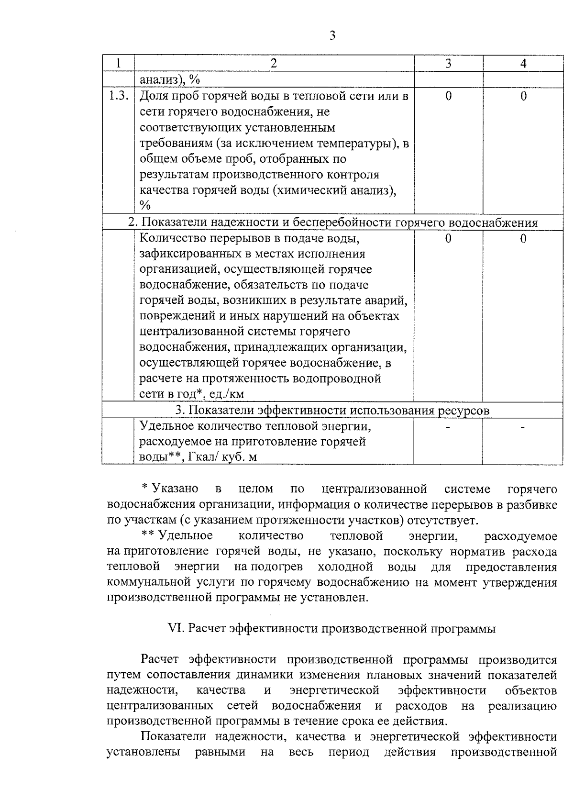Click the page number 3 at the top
pyautogui.click(x=332, y=36)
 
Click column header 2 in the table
pyautogui.click(x=274, y=64)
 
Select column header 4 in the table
pyautogui.click(x=523, y=64)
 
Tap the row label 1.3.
pyautogui.click(x=118, y=96)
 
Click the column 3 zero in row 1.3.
pyautogui.click(x=448, y=96)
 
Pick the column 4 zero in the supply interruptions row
pyautogui.click(x=523, y=238)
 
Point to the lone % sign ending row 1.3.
pyautogui.click(x=145, y=206)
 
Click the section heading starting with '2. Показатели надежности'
pyautogui.click(x=333, y=222)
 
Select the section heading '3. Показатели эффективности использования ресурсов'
pyautogui.click(x=332, y=411)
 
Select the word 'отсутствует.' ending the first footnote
pyautogui.click(x=444, y=520)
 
